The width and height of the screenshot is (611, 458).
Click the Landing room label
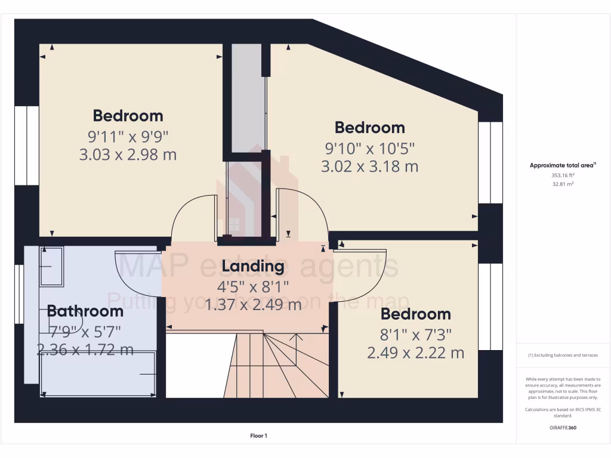click(253, 266)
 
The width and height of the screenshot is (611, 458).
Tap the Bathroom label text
click(85, 311)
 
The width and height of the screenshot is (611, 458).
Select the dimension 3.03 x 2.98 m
click(128, 155)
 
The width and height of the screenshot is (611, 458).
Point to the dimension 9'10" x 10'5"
click(369, 147)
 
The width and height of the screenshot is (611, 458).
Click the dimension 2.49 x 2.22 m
click(415, 353)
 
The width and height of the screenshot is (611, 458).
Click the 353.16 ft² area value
click(563, 176)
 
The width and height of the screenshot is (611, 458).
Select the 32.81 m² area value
click(563, 184)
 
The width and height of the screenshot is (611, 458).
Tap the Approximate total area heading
click(563, 166)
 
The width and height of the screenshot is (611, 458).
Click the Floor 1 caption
click(258, 436)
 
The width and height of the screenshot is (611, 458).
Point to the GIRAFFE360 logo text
click(563, 428)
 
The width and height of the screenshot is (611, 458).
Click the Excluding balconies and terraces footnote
click(563, 355)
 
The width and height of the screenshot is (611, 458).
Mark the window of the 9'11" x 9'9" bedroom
click(27, 146)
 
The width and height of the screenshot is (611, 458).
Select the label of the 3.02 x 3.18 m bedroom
click(369, 127)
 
